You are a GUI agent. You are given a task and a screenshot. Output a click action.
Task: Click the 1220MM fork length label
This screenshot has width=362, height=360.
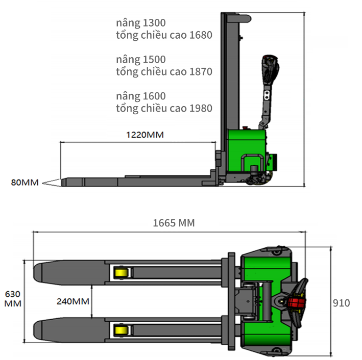tap(145, 135)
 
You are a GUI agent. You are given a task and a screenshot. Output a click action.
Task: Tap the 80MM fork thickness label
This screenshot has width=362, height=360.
tap(25, 183)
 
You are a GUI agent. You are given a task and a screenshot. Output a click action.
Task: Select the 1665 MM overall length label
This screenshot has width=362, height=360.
tap(174, 223)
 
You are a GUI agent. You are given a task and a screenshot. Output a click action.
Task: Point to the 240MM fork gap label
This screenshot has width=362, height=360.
tap(73, 301)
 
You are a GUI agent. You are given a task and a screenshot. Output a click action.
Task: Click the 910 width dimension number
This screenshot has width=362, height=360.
tap(341, 303)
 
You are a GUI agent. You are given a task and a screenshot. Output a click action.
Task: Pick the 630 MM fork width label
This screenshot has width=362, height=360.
tap(13, 299)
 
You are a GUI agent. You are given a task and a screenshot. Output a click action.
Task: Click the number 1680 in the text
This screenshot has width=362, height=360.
tap(201, 35)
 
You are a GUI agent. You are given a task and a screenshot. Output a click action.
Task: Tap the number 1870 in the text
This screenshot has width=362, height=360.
tap(201, 72)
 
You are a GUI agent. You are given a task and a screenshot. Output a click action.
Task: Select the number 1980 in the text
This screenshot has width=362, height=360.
tap(201, 109)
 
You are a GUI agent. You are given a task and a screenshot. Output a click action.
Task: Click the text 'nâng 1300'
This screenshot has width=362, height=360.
tap(141, 23)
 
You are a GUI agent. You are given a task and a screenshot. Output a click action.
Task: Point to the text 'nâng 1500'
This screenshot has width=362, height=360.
tap(141, 60)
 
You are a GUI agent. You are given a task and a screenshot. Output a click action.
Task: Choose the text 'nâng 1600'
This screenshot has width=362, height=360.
tap(141, 96)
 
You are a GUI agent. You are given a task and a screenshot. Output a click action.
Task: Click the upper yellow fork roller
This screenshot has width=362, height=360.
tap(120, 273)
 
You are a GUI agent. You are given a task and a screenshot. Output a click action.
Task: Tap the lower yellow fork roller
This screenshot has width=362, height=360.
tap(120, 330)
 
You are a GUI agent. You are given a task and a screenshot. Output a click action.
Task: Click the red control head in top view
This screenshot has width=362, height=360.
tap(296, 302)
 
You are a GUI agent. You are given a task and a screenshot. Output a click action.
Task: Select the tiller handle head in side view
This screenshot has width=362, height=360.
tap(270, 69)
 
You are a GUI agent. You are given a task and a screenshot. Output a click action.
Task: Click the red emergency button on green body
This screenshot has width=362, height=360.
tap(245, 128)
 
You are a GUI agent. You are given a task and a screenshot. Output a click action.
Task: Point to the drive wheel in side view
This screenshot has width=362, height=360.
tap(254, 180)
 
